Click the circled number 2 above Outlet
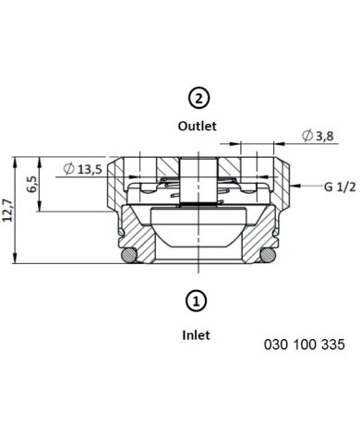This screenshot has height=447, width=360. point(198,99)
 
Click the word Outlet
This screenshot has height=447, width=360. point(198,126)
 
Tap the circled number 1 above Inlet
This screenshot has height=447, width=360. point(196,300)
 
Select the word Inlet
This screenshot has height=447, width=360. point(196,335)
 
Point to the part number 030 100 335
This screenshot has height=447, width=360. point(305,344)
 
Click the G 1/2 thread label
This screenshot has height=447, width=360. point(340,187)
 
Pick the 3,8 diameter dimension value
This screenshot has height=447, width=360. point(325,136)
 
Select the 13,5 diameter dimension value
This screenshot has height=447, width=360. point(90,169)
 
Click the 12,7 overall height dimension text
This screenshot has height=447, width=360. point(7,211)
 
